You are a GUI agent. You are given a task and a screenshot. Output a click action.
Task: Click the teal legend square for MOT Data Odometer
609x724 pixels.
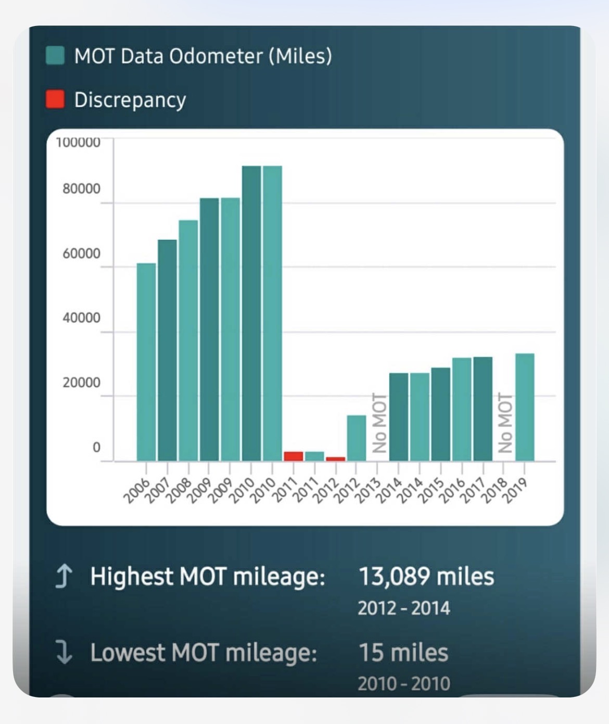click(x=55, y=55)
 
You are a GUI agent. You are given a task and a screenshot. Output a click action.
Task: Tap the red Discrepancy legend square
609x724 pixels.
click(x=55, y=99)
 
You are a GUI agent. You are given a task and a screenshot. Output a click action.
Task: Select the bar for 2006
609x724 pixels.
click(x=146, y=362)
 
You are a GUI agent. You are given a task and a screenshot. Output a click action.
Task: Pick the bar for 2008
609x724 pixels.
click(x=188, y=340)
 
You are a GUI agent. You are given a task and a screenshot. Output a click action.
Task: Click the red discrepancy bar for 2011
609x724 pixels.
click(x=294, y=456)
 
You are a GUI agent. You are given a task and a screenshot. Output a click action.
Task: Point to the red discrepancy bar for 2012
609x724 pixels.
click(x=336, y=459)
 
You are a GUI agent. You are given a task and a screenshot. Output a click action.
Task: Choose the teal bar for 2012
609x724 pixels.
click(x=357, y=438)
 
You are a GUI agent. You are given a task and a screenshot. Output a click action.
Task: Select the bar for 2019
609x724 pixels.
click(x=525, y=407)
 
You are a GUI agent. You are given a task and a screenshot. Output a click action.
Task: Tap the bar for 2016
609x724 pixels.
click(x=462, y=409)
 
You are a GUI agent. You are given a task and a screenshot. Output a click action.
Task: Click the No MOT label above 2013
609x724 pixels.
click(x=379, y=423)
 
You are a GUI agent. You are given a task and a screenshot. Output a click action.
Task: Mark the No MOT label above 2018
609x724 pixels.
click(x=505, y=423)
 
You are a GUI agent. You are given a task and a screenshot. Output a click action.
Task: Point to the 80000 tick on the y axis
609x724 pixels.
click(x=81, y=188)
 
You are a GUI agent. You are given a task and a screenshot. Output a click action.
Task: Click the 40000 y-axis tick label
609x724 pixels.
click(x=81, y=317)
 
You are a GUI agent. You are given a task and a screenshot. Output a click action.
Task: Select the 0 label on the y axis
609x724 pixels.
click(x=96, y=447)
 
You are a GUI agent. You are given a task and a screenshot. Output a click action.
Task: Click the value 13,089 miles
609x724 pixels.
click(x=426, y=577)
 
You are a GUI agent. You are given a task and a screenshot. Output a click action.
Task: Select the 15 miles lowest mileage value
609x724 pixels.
click(x=403, y=653)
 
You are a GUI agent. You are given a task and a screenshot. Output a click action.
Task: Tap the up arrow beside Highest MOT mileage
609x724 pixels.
click(x=64, y=577)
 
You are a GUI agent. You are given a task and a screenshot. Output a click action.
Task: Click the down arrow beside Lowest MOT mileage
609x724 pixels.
click(x=64, y=653)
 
